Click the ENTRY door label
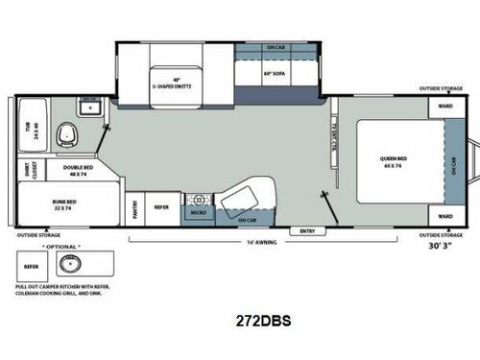click(x=307, y=230)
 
